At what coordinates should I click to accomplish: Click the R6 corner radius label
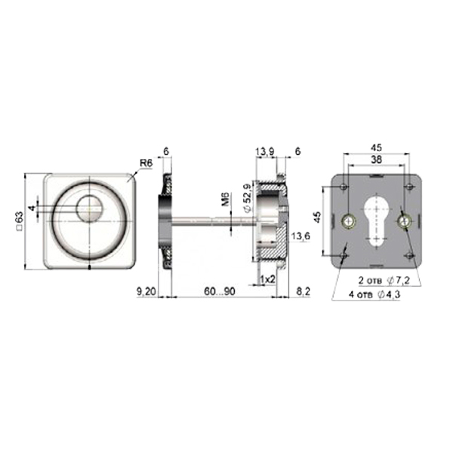coord(146,163)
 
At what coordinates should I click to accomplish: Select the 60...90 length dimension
coord(220,291)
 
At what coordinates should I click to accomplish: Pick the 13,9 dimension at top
coord(265,151)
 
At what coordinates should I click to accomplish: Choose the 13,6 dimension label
coord(300,236)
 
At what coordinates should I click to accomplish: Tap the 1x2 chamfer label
coord(267,279)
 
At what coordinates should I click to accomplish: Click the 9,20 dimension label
coord(146,291)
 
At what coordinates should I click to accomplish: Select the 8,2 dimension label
coord(304,291)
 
